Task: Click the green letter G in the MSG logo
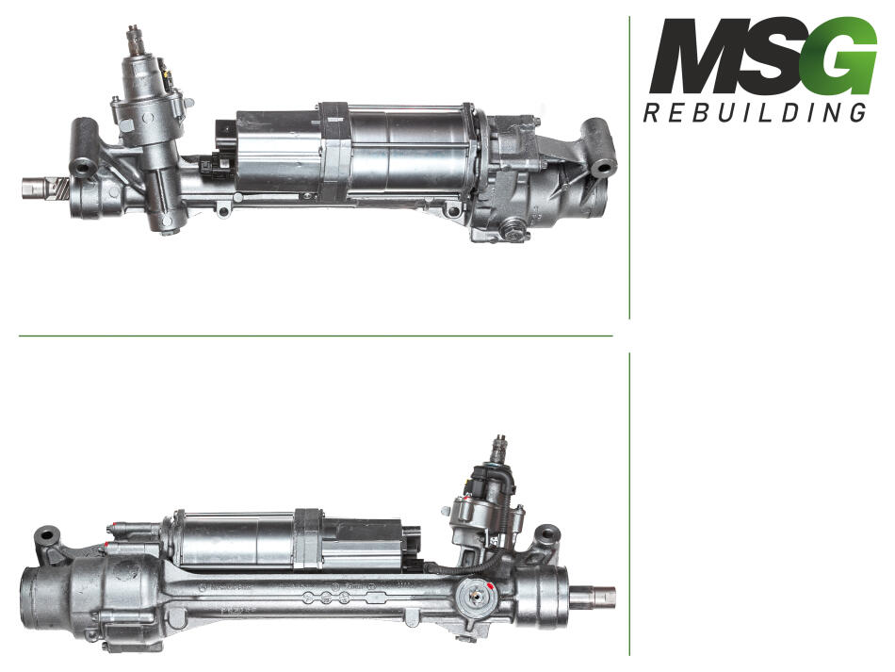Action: (842, 56)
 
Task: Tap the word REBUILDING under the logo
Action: (755, 112)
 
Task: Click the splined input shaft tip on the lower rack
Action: (500, 449)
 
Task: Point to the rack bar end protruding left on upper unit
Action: (39, 188)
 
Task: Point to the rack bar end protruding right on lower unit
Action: (594, 596)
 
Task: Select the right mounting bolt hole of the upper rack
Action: (603, 169)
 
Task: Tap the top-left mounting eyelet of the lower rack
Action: (47, 536)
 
